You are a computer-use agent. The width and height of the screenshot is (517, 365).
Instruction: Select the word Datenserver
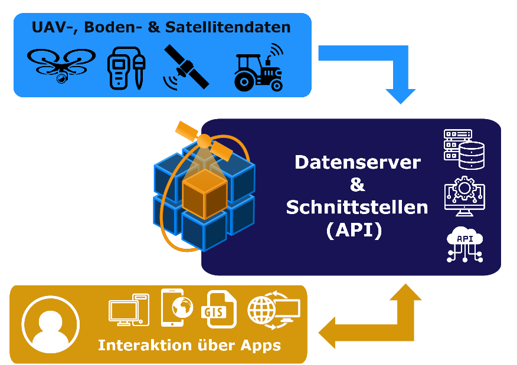(x=358, y=162)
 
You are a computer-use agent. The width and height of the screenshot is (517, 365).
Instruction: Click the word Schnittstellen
(x=357, y=207)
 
